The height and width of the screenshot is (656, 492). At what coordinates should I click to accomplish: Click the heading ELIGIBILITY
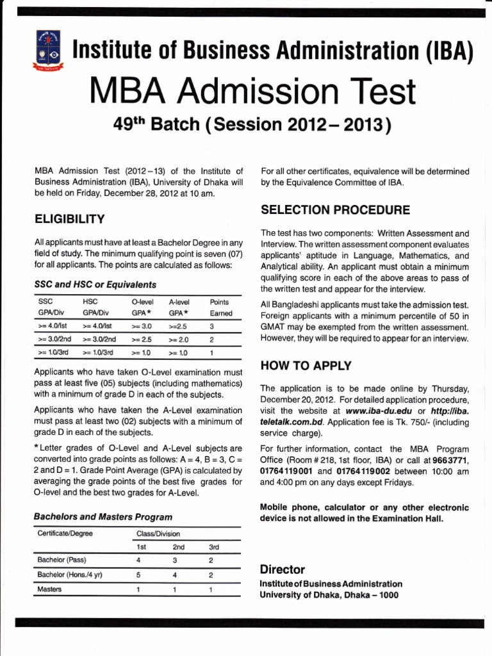coord(70,219)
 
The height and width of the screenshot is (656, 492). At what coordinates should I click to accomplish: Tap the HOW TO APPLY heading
coord(306,366)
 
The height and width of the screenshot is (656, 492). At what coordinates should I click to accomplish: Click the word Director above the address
coord(283,570)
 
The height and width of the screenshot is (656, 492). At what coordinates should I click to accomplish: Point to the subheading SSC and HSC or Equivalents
coord(95,284)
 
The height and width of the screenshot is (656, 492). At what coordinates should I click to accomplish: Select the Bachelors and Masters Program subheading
coord(103,516)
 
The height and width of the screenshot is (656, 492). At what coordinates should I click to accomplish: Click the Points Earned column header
coord(220,307)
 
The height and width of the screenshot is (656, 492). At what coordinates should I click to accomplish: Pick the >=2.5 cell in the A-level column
coord(177,326)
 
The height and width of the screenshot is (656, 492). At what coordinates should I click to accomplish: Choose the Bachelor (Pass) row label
coord(62,560)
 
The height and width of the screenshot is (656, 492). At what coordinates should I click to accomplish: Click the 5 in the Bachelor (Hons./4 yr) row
coord(138,575)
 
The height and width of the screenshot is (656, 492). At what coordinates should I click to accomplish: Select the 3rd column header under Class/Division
coord(215,547)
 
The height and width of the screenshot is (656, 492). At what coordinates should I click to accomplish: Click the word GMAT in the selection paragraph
coord(274,327)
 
